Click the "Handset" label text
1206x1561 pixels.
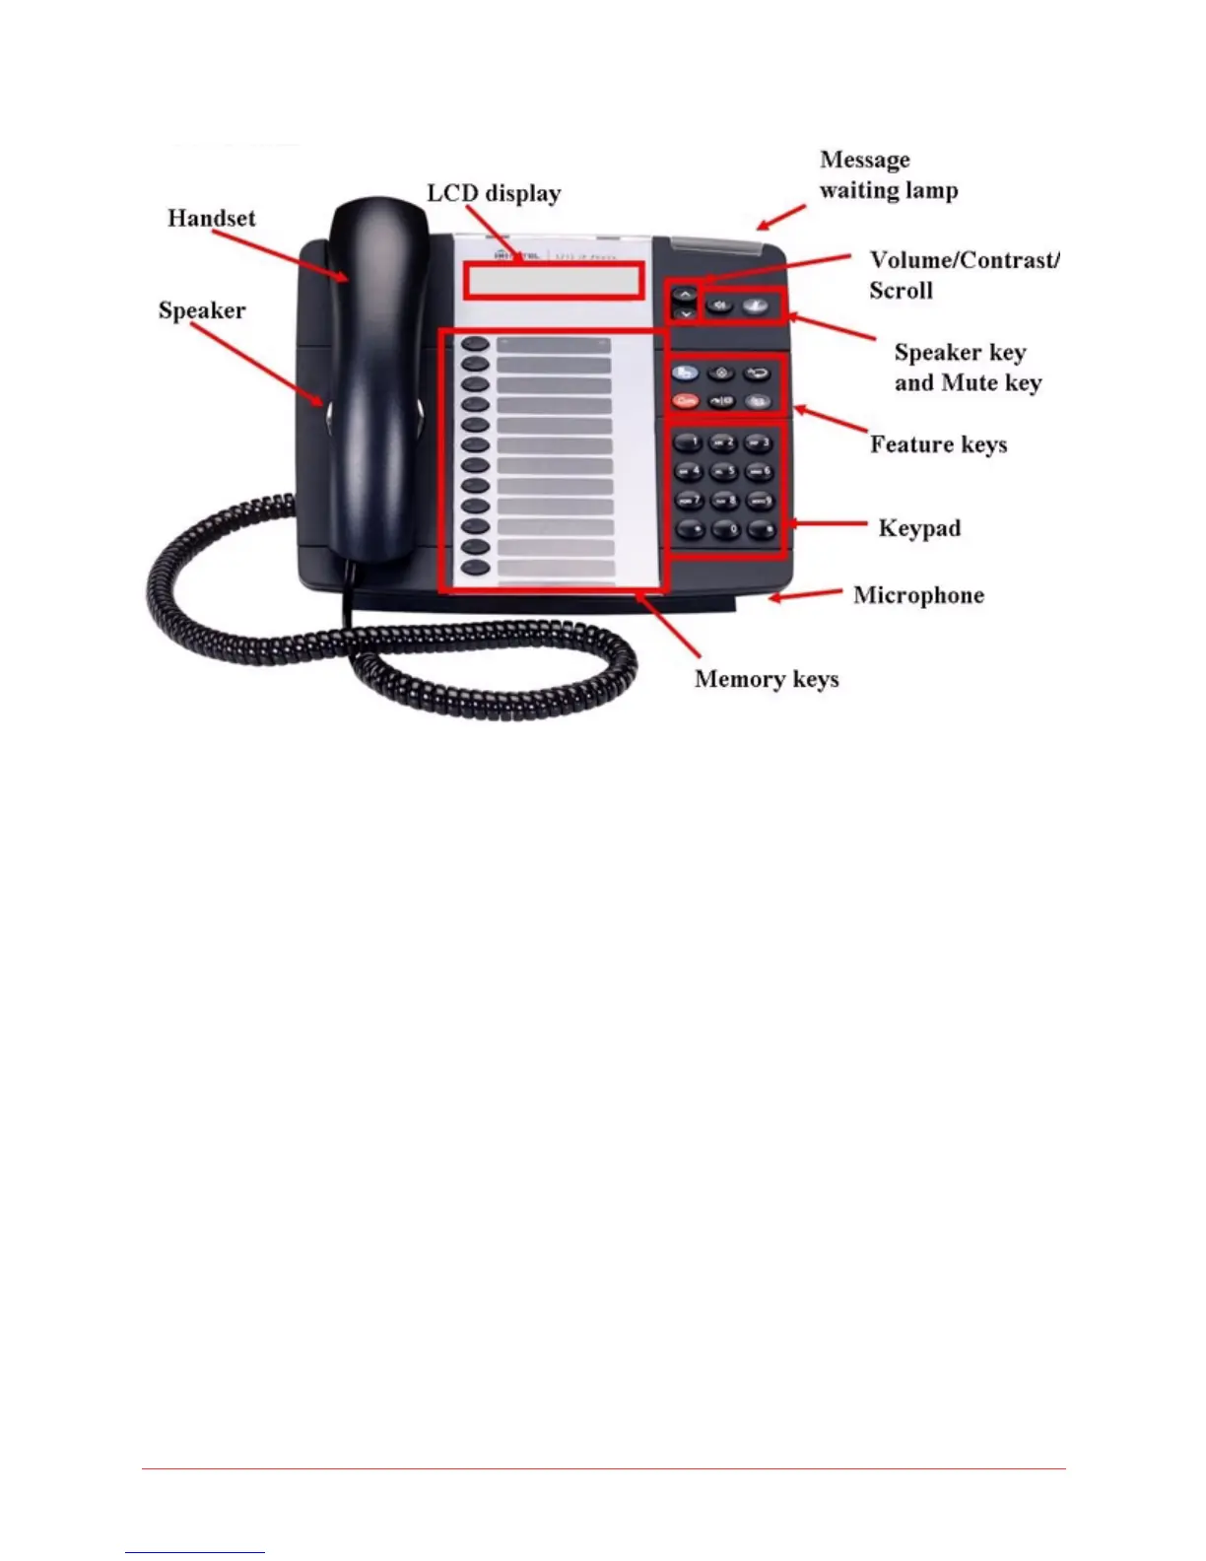pyautogui.click(x=211, y=218)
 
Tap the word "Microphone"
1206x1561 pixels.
pyautogui.click(x=918, y=595)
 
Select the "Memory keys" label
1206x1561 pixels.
pyautogui.click(x=767, y=679)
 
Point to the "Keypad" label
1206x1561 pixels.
pyautogui.click(x=919, y=528)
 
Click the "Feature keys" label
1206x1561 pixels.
pyautogui.click(x=938, y=444)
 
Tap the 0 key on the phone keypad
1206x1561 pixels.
pyautogui.click(x=725, y=530)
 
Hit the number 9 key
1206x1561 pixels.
pyautogui.click(x=760, y=502)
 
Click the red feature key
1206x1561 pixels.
pyautogui.click(x=686, y=400)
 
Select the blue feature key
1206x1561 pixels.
pyautogui.click(x=686, y=373)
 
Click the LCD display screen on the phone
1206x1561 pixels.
pyautogui.click(x=553, y=282)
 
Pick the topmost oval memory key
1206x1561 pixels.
pyautogui.click(x=476, y=345)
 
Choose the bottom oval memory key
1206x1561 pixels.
pyautogui.click(x=476, y=568)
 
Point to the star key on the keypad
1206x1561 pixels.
pyautogui.click(x=690, y=530)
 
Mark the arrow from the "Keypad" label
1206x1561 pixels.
pyautogui.click(x=829, y=525)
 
